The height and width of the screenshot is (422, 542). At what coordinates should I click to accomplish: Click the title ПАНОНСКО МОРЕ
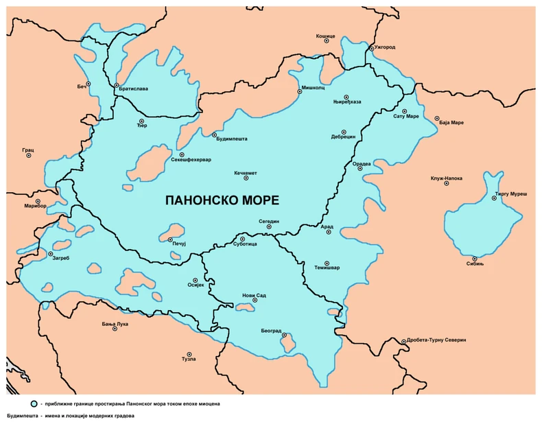click(x=222, y=200)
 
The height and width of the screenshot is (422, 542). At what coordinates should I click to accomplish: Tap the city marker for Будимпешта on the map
click(x=215, y=134)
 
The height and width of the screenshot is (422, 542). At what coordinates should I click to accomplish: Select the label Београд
click(x=271, y=331)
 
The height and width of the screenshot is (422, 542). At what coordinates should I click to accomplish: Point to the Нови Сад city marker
click(x=255, y=301)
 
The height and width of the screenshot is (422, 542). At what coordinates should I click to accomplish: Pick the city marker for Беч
click(x=89, y=84)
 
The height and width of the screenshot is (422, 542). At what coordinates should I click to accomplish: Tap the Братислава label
click(x=133, y=89)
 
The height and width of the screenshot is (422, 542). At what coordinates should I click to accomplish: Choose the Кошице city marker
click(x=326, y=40)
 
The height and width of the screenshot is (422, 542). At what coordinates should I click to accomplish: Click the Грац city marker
click(x=29, y=155)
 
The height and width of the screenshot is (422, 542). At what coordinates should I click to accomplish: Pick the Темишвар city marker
click(x=327, y=263)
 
